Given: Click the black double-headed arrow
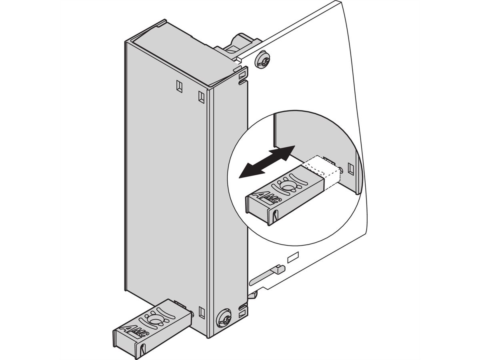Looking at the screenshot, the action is pyautogui.click(x=266, y=162).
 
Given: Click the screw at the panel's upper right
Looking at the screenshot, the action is pyautogui.click(x=262, y=60).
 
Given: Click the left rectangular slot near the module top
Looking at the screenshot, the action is pyautogui.click(x=179, y=86).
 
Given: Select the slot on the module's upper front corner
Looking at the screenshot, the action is pyautogui.click(x=201, y=97).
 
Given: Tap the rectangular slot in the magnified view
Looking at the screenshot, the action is pyautogui.click(x=350, y=168).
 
